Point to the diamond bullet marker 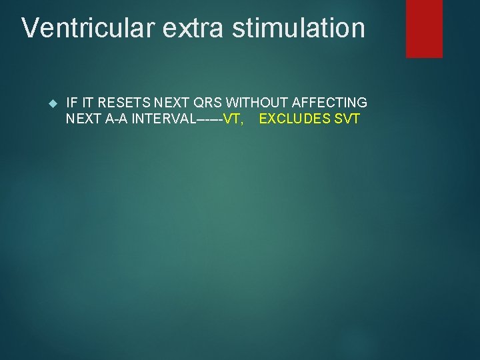point(54,103)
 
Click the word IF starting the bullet point(73,103)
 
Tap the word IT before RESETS point(88,103)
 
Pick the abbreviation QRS point(207,103)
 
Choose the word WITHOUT point(257,103)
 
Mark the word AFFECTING point(329,103)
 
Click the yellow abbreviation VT point(233,119)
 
